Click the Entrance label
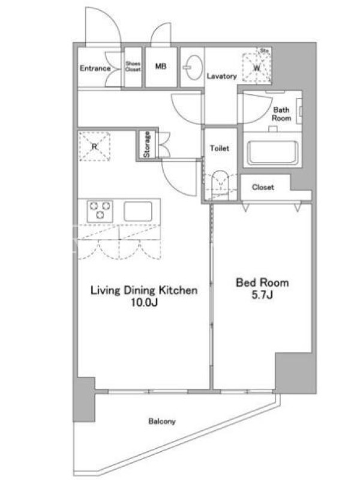[95, 68]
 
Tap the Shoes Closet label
[133, 66]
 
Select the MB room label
[161, 66]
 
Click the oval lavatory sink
[193, 67]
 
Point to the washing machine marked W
[257, 67]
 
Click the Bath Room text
[281, 113]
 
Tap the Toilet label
[220, 148]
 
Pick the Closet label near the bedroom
[263, 187]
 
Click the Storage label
[147, 144]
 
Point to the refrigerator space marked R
[94, 146]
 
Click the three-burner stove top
[100, 211]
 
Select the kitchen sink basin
[138, 211]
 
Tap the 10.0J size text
[144, 303]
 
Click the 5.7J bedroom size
[262, 295]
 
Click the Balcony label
[162, 422]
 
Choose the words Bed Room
[262, 282]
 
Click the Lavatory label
[221, 76]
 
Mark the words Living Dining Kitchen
[144, 290]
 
